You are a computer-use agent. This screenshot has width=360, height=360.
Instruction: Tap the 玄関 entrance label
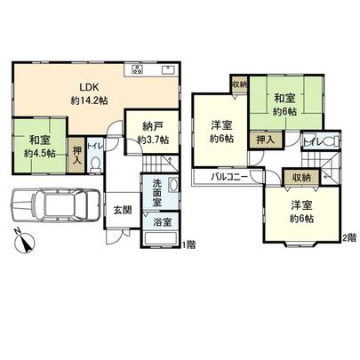click(x=123, y=211)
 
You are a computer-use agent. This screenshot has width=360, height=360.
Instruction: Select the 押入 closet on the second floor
click(x=263, y=140)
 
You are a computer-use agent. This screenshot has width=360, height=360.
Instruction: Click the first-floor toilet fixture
click(x=96, y=164)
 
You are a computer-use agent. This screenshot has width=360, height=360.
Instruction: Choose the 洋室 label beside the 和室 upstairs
click(x=222, y=131)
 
